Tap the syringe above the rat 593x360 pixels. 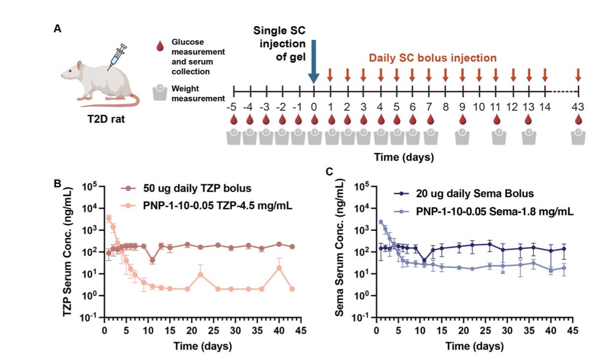117,55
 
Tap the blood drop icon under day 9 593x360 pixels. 463,120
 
